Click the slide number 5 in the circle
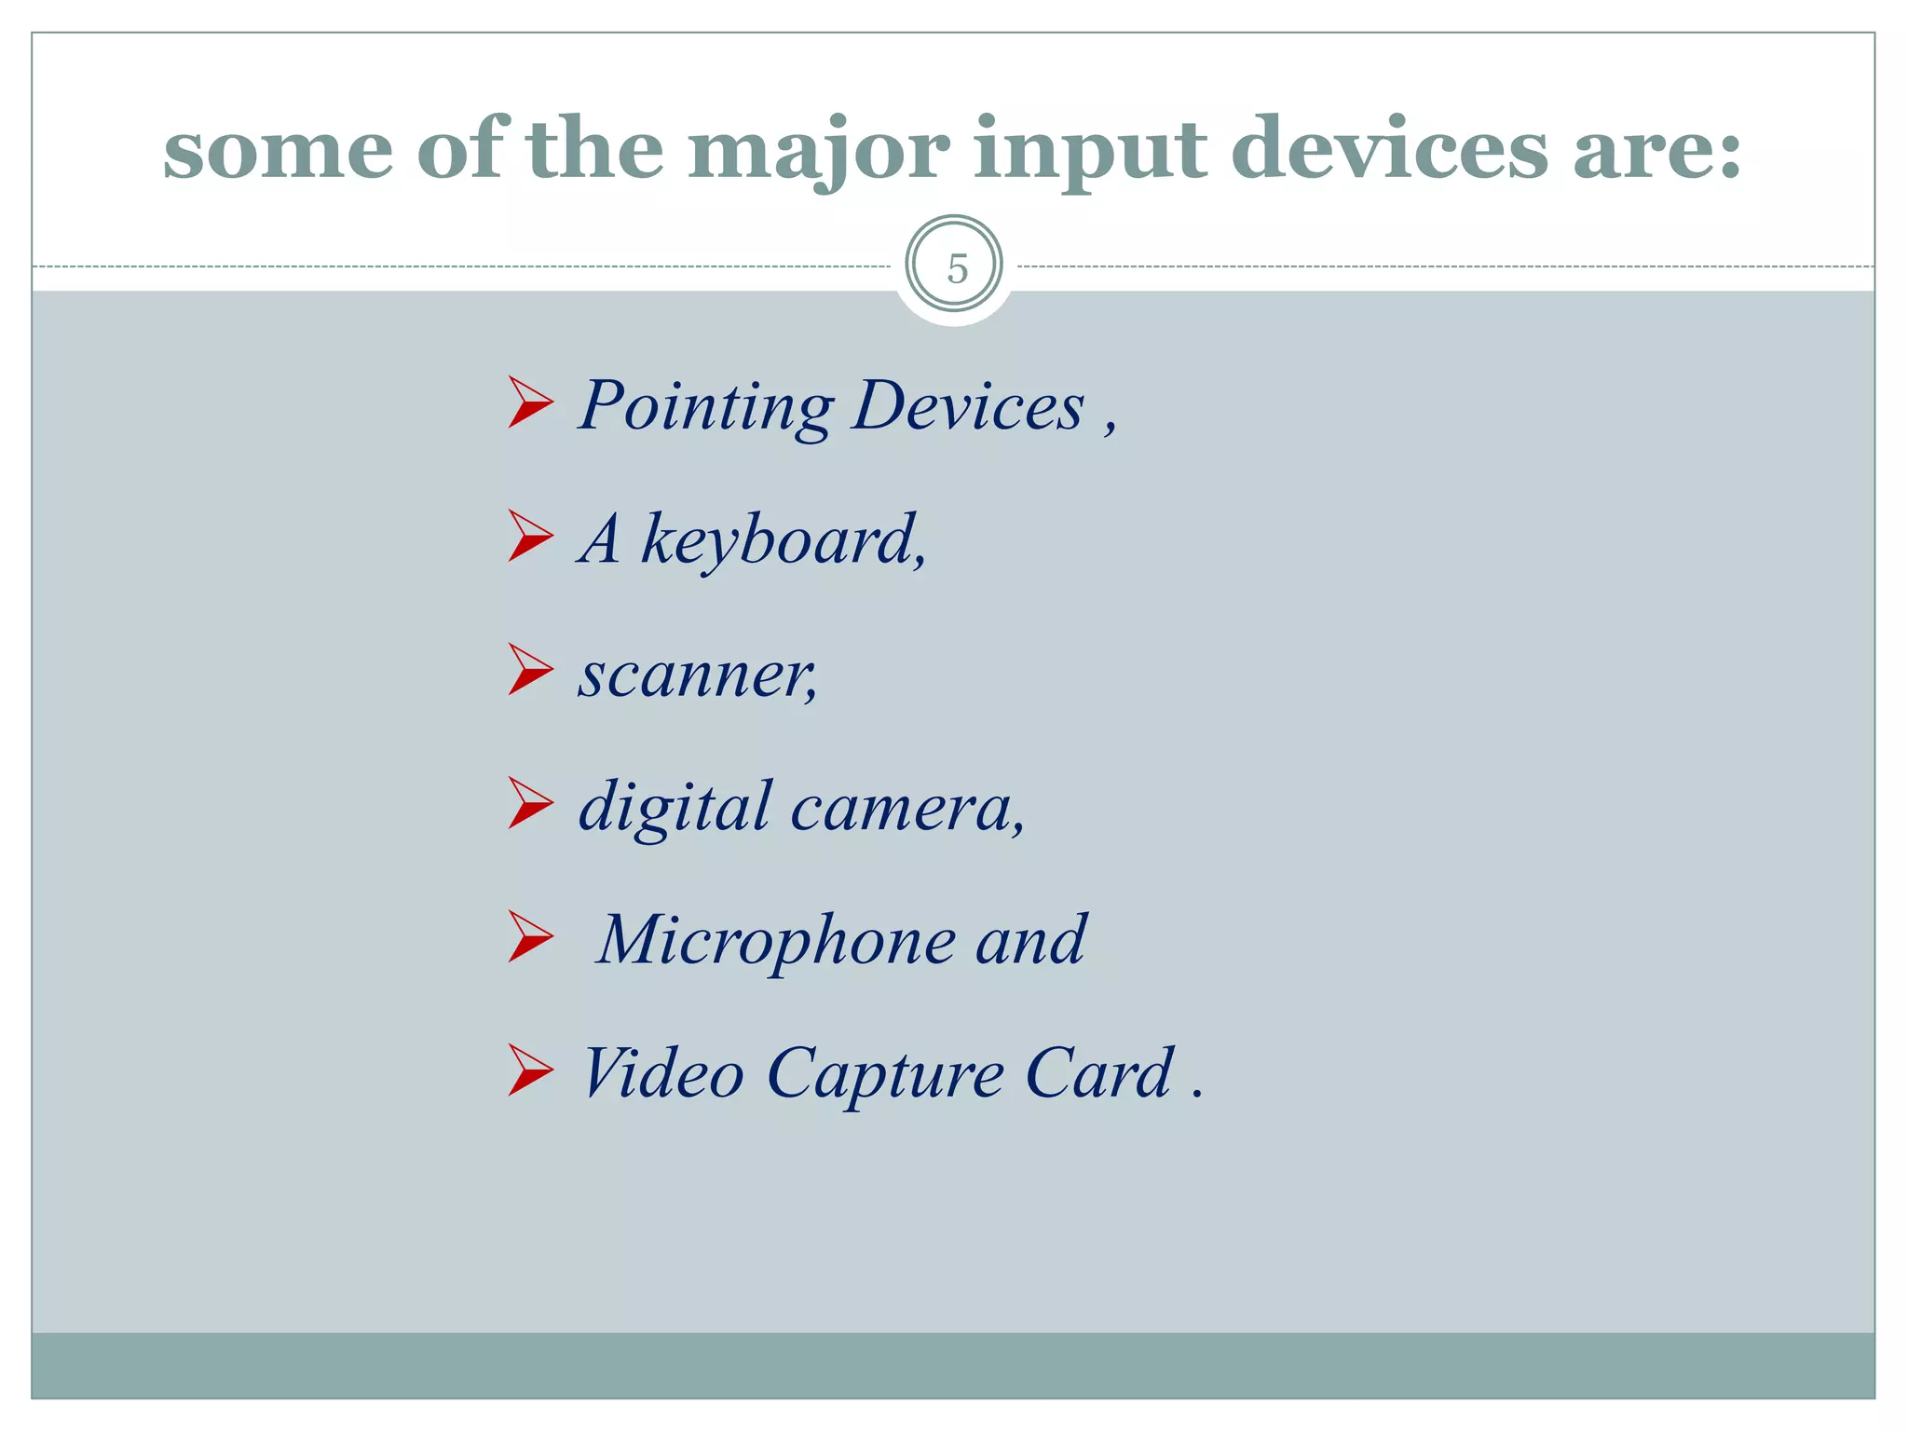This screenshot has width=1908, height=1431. point(956,268)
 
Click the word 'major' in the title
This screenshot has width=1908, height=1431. point(819,149)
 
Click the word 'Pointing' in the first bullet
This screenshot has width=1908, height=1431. point(706,406)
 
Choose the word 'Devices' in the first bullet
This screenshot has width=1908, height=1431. point(968,406)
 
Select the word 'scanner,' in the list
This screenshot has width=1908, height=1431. point(698,675)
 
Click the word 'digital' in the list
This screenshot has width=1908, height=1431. point(675,807)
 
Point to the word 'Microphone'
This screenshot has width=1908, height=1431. point(775,941)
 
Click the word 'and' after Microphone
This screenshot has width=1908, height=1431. point(1030,941)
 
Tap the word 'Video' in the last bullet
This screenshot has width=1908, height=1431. point(662,1073)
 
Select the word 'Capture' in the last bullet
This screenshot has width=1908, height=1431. point(885,1075)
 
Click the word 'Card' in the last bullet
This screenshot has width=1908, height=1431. point(1098,1073)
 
